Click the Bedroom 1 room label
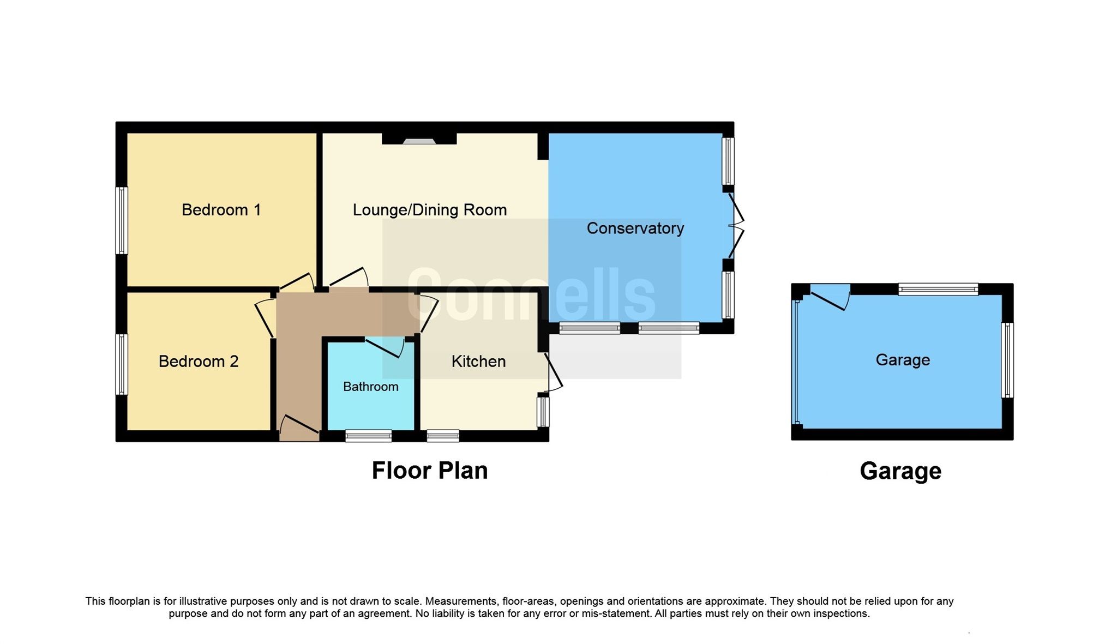(x=221, y=210)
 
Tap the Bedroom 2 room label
(x=199, y=362)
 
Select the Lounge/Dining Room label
(x=430, y=210)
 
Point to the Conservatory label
(x=635, y=228)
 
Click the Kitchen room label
(x=478, y=362)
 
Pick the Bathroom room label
(x=370, y=387)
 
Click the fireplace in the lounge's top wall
(x=419, y=141)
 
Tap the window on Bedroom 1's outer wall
(x=122, y=220)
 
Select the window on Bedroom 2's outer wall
(x=122, y=364)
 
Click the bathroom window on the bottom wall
(x=369, y=436)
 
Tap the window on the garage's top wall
(x=938, y=289)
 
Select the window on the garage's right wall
(x=1007, y=360)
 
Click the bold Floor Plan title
(x=430, y=471)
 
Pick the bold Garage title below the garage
(x=900, y=471)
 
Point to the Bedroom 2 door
(x=265, y=318)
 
